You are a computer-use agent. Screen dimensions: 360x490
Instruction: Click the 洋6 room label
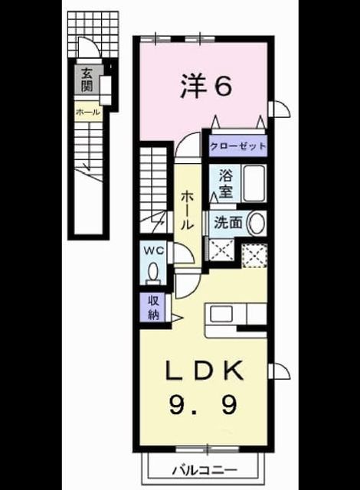206,87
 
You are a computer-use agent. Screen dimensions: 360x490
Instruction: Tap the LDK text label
205,371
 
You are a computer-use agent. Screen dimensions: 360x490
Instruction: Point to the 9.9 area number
203,404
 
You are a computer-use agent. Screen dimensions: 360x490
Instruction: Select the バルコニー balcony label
205,469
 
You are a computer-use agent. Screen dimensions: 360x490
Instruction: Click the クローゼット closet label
238,146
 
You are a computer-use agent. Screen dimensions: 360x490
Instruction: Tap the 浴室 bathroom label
225,184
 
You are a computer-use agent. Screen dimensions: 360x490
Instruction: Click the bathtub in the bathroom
254,184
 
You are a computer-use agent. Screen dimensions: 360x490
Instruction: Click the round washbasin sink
257,223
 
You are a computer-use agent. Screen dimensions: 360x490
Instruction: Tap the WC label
153,250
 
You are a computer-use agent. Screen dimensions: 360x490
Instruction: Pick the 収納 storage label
153,308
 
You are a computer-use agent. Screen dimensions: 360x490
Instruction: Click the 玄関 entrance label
87,80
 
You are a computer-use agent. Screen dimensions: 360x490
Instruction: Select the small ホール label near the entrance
88,112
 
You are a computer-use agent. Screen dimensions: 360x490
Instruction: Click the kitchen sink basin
221,314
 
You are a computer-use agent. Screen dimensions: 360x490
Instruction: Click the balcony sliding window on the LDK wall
207,449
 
